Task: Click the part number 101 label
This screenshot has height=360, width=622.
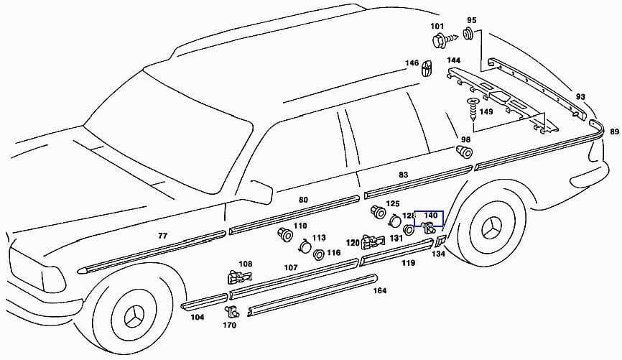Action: click(437, 27)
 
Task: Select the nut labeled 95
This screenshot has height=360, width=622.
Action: click(468, 33)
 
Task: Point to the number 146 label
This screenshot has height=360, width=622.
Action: click(412, 63)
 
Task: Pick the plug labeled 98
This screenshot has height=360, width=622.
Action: click(465, 151)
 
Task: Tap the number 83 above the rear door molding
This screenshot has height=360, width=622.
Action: click(404, 175)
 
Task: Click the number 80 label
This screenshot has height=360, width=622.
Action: click(303, 199)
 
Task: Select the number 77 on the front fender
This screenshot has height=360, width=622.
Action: click(163, 235)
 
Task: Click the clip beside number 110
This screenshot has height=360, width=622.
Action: click(284, 235)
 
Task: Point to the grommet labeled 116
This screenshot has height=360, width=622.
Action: click(317, 254)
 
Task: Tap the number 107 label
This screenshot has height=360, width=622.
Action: click(290, 267)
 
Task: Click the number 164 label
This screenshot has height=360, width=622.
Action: click(380, 290)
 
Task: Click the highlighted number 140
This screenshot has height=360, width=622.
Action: click(431, 216)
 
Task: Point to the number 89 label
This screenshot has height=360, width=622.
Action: click(614, 131)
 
